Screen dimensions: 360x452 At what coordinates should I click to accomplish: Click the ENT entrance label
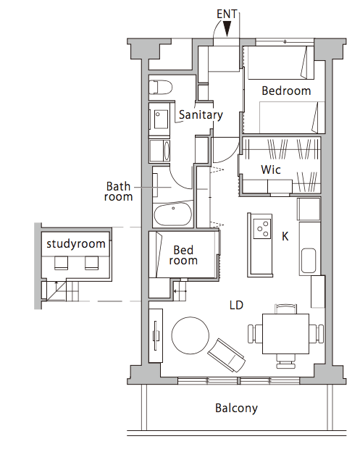[227, 14]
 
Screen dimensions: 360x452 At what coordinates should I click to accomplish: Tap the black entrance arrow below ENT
[227, 29]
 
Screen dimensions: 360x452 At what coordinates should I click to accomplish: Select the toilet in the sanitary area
[161, 87]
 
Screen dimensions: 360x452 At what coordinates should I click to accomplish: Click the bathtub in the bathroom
[173, 214]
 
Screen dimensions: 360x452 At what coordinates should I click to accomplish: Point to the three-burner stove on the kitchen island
[262, 229]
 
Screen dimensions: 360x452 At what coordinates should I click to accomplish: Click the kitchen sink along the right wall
[308, 261]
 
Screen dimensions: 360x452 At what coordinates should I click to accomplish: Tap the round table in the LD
[191, 335]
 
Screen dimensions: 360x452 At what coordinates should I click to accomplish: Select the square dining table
[285, 334]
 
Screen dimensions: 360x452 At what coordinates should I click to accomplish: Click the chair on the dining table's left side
[255, 334]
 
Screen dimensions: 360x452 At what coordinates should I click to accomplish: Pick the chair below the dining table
[285, 361]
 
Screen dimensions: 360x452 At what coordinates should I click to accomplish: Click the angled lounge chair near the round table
[227, 355]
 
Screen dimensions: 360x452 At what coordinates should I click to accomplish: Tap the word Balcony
[236, 409]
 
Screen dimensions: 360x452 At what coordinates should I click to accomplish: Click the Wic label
[271, 169]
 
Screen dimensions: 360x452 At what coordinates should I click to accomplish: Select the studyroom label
[76, 244]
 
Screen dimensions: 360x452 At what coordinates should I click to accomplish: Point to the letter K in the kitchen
[285, 236]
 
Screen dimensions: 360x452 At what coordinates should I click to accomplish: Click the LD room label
[236, 305]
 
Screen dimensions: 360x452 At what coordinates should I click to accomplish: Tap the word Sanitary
[201, 115]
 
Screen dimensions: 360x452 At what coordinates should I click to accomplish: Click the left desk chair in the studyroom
[61, 263]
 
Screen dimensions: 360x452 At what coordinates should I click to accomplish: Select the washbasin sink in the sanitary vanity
[160, 119]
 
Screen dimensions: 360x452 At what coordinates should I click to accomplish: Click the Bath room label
[119, 191]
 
